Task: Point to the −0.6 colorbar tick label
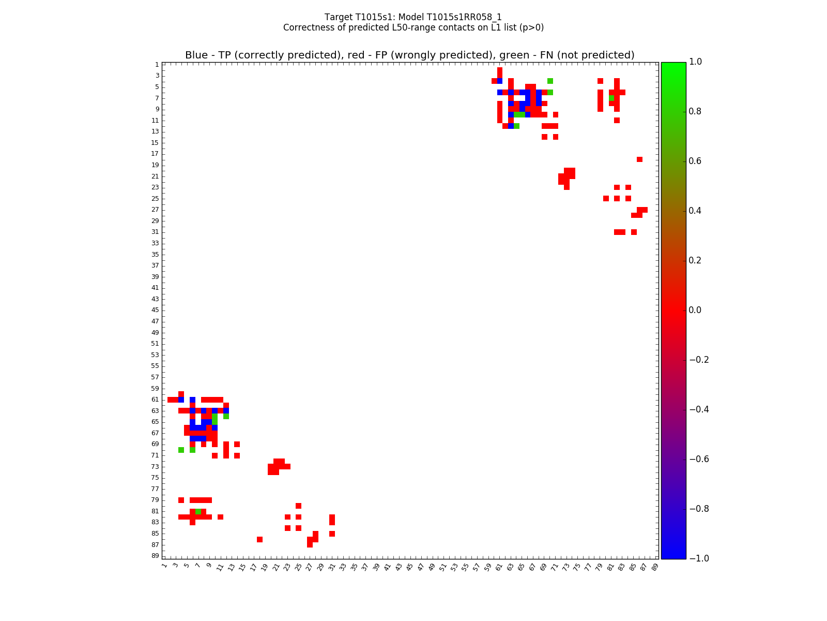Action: pos(699,459)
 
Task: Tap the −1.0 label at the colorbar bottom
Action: pos(699,558)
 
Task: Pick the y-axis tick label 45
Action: pos(155,310)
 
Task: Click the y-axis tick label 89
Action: pos(155,556)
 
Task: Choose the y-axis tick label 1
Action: pos(157,65)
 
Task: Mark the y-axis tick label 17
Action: pos(155,154)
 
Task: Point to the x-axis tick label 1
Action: pos(164,566)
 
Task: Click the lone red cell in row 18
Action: pos(639,159)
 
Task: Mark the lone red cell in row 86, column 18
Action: pos(259,539)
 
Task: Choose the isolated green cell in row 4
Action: pos(550,81)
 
